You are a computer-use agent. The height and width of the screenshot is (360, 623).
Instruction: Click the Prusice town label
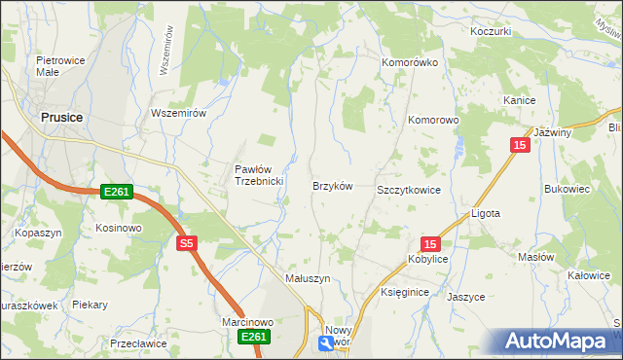point(62,117)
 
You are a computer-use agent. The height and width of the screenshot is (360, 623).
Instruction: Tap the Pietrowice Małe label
point(56,66)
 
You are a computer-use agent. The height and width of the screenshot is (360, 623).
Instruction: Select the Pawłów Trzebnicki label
point(258,174)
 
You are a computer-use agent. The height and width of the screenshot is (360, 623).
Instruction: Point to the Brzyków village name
point(331,185)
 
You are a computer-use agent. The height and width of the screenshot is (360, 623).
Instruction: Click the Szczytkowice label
point(409,190)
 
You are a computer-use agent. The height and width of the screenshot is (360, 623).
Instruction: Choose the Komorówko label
point(410,62)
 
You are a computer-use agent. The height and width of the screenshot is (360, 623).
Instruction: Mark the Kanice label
point(521,100)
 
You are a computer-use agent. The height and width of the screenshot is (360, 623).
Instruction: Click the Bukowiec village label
point(568,189)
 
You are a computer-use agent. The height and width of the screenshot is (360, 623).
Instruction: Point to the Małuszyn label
point(308,277)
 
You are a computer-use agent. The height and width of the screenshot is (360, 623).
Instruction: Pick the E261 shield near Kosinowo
point(116,193)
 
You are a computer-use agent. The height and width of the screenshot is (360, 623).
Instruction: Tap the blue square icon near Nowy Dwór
point(325,342)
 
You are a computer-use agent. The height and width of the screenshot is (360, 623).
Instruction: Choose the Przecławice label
point(134,342)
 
